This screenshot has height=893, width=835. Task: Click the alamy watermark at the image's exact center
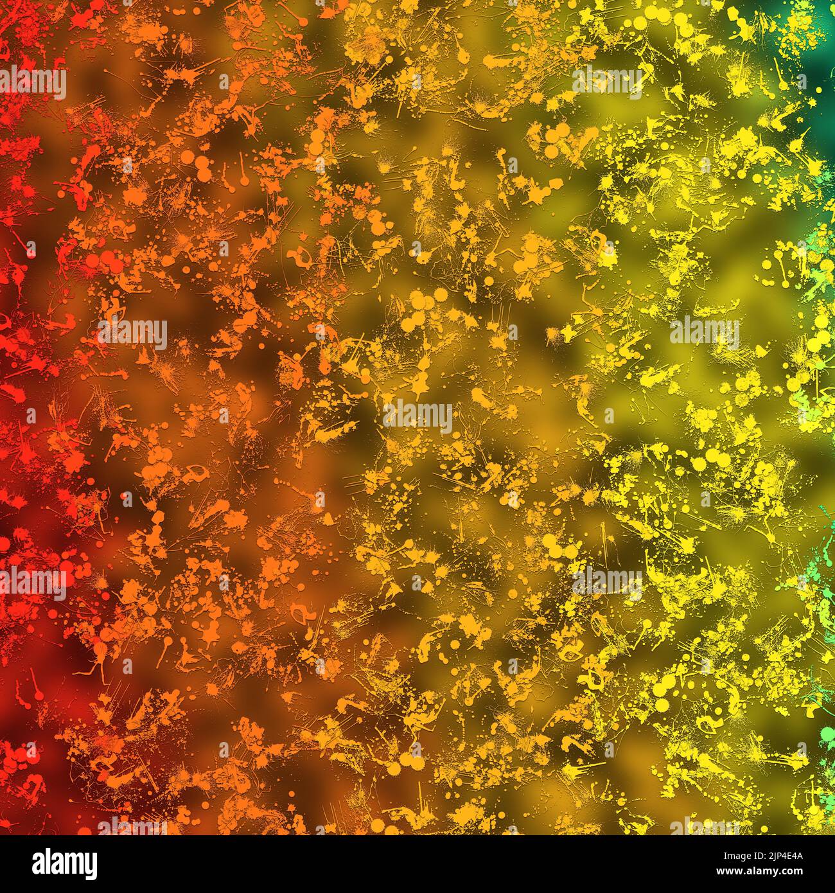pyautogui.click(x=418, y=416)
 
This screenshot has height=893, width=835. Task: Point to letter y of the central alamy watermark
pyautogui.click(x=445, y=419)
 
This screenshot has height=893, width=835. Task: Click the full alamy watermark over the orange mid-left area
pyautogui.click(x=132, y=333)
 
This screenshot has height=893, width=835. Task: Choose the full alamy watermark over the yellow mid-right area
pyautogui.click(x=704, y=333)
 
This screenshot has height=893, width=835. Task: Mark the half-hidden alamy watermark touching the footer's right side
pyautogui.click(x=704, y=827)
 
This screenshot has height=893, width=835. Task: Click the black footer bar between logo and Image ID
pyautogui.click(x=385, y=864)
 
